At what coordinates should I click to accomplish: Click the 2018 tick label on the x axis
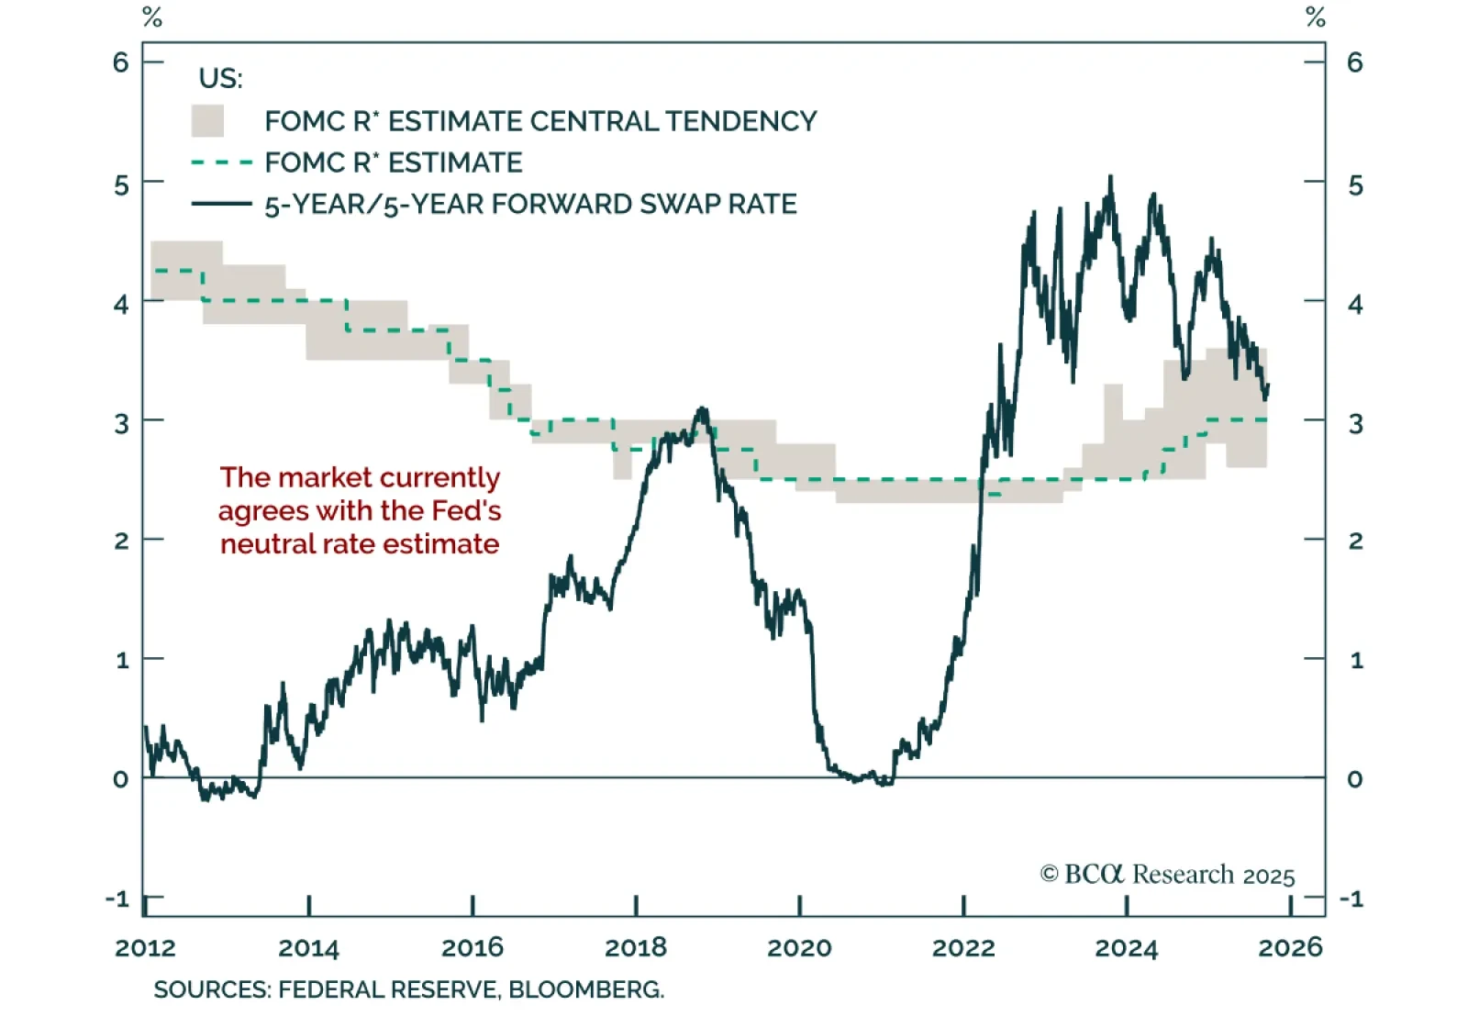636,947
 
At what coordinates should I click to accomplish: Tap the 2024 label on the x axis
1126,947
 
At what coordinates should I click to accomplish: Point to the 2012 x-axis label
145,947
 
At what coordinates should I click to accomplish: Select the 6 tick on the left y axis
121,62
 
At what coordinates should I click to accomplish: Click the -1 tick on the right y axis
1351,899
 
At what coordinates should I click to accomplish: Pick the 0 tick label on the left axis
121,779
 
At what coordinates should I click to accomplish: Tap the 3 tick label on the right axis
1355,423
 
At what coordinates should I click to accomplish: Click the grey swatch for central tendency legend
207,121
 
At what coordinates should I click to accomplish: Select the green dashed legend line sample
221,162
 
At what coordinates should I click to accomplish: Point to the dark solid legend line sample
221,204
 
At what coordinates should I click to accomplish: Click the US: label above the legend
220,79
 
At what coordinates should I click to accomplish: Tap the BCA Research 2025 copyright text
1167,875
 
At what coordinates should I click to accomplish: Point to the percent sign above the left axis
152,17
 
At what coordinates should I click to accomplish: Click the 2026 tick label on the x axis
1290,947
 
